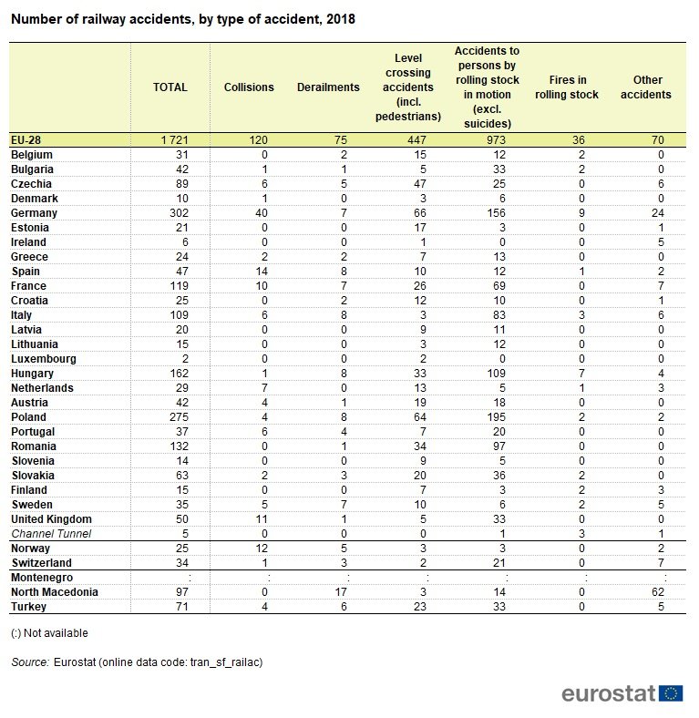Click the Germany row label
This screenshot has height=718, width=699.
[x=34, y=213]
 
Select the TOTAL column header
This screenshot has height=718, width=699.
[x=170, y=87]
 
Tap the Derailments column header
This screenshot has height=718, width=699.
[x=328, y=87]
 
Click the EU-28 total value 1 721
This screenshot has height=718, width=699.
[x=174, y=139]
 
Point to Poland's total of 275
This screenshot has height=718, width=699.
[x=179, y=417]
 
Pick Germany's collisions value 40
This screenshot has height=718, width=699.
[x=261, y=213]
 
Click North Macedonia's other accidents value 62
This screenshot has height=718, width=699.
[x=658, y=592]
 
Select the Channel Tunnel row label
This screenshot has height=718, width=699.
[x=51, y=533]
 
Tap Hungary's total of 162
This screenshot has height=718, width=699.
[x=179, y=374]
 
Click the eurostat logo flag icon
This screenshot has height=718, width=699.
[x=671, y=693]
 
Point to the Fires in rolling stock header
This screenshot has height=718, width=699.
[x=567, y=87]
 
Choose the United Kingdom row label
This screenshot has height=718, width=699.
[x=51, y=518]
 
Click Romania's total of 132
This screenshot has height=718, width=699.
[x=179, y=446]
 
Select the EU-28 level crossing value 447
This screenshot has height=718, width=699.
[x=416, y=139]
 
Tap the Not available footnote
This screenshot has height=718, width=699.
[x=49, y=633]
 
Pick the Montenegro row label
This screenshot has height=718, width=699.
[x=42, y=578]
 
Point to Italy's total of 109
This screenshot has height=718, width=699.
[x=179, y=315]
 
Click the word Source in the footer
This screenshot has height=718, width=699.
[x=30, y=662]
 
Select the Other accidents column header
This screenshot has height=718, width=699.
[x=646, y=87]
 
